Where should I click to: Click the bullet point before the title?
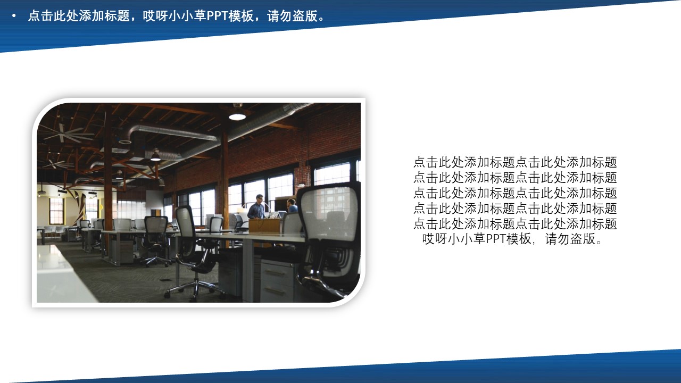[x=14, y=16]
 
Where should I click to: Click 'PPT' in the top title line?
[x=217, y=16]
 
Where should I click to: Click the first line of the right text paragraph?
[x=514, y=162]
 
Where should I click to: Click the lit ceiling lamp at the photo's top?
[x=237, y=115]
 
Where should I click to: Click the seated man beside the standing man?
[x=291, y=206]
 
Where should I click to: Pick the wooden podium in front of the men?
[x=264, y=226]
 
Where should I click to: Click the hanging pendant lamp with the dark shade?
[x=155, y=156]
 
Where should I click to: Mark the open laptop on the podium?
[x=274, y=215]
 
